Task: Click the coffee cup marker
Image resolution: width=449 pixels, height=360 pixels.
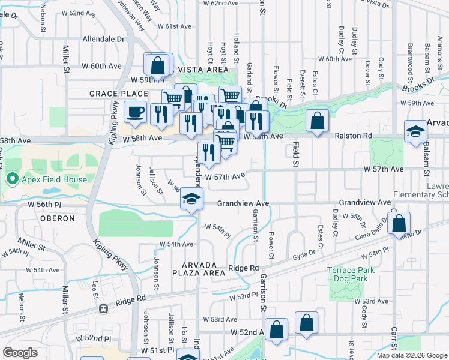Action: pos(135,112)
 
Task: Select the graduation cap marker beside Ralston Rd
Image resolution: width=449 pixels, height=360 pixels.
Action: pos(415,132)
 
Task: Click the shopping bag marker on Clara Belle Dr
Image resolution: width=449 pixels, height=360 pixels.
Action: pos(399,223)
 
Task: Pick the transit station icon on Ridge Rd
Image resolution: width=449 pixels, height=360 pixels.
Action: pos(103,309)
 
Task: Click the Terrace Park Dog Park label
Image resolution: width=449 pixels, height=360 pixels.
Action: pos(351,274)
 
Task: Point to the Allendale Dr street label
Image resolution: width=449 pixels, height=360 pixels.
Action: pos(103,39)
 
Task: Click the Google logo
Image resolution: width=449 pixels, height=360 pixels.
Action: pos(20,353)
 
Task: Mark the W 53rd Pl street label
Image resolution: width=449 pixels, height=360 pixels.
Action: pos(243,296)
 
